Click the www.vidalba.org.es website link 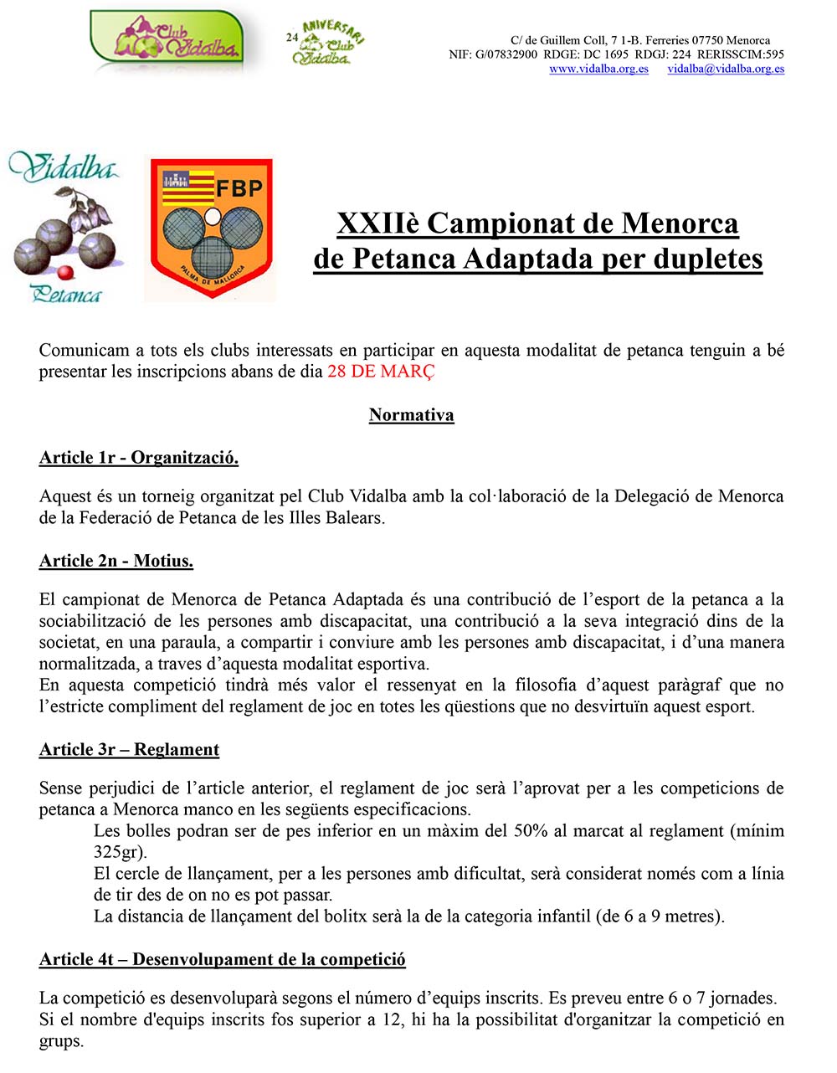tap(598, 69)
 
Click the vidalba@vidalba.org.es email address tap(726, 69)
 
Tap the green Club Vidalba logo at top tap(167, 39)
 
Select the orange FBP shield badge tap(211, 228)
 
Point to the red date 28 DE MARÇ tap(381, 372)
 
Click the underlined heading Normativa tap(411, 415)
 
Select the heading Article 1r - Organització tap(139, 458)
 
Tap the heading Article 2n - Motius tap(116, 561)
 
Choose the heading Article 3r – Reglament tap(129, 749)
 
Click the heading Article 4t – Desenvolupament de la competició tap(223, 959)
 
